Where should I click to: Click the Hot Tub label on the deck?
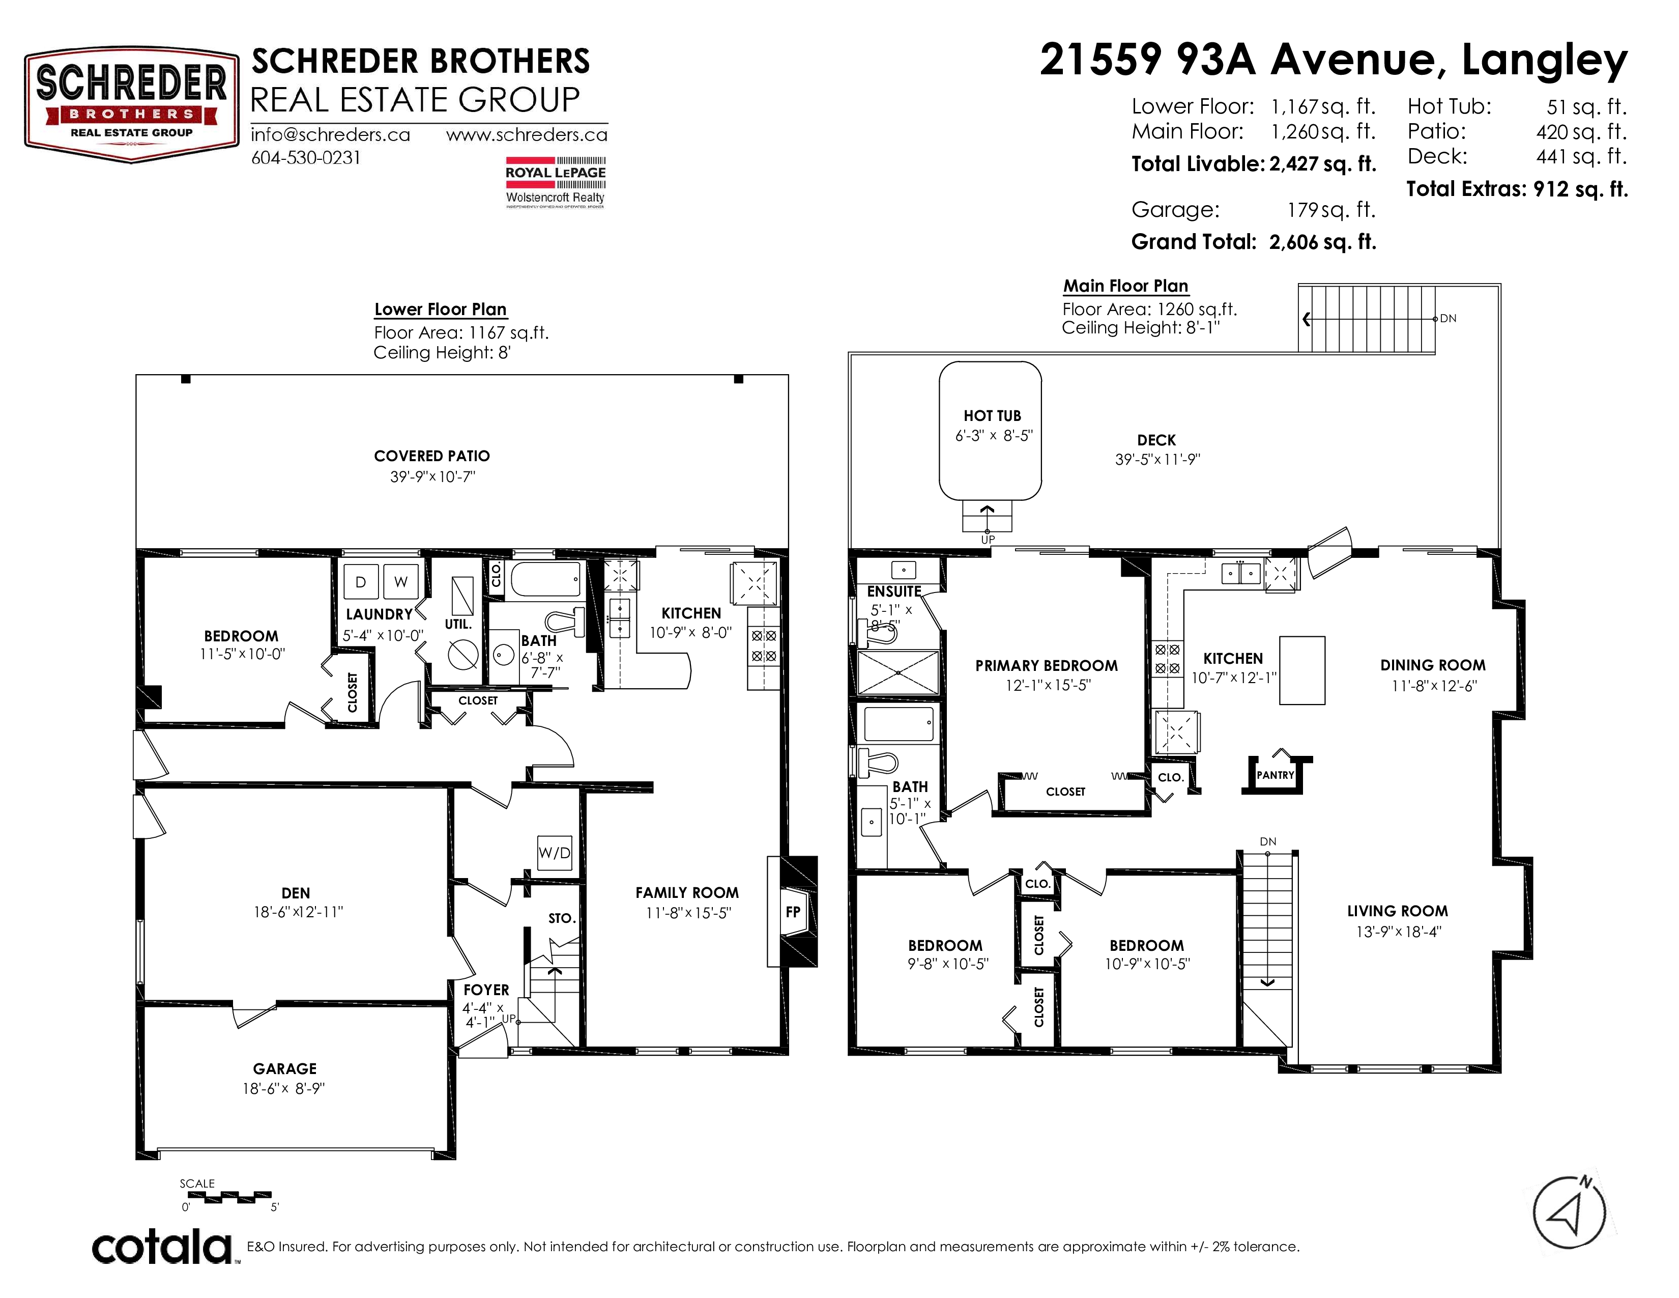(992, 416)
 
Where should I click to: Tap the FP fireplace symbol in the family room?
(793, 912)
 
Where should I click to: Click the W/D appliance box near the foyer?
(554, 853)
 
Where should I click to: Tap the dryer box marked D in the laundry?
(361, 582)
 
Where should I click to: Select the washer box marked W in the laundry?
(400, 582)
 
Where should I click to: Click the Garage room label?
(284, 1069)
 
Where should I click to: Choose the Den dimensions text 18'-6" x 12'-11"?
(298, 912)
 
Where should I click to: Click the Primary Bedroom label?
(1046, 666)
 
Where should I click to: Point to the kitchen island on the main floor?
(1301, 670)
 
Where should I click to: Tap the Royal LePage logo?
(555, 182)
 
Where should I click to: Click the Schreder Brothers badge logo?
(131, 104)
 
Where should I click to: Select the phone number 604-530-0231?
(306, 158)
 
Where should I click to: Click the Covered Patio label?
(432, 456)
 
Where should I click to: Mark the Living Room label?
(1397, 911)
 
